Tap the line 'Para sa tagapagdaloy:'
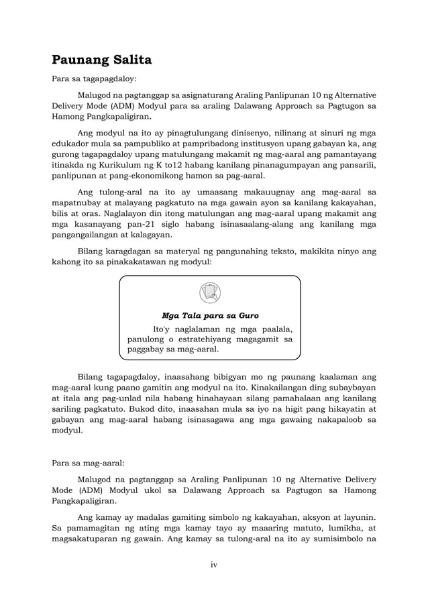pos(94,79)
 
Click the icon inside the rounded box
pos(210,292)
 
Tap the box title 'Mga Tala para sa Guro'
pos(210,315)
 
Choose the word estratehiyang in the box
pos(217,339)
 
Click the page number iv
pos(214,564)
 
